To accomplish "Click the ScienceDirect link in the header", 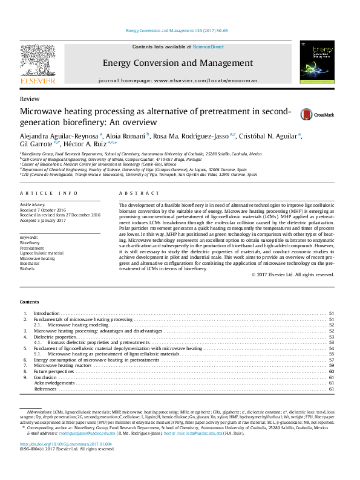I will [x=208, y=47].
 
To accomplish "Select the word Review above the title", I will [x=30, y=99].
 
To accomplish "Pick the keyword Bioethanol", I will [x=30, y=264].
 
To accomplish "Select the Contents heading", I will [x=30, y=301].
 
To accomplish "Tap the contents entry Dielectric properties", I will [x=54, y=337].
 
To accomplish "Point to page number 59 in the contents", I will [x=331, y=366].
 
